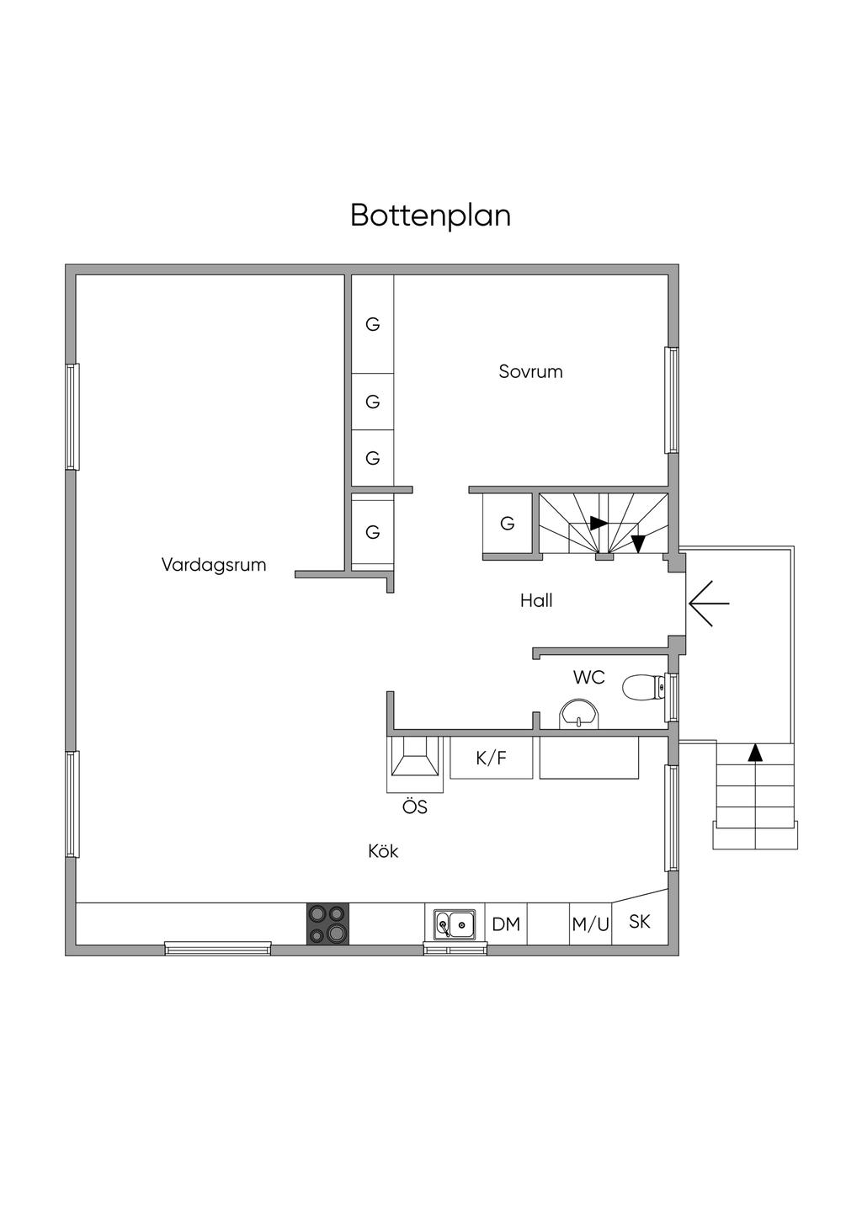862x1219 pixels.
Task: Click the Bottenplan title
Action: click(x=430, y=216)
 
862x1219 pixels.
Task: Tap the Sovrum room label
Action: click(x=530, y=371)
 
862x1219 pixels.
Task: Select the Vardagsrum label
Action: click(x=214, y=565)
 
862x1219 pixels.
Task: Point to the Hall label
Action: click(x=536, y=600)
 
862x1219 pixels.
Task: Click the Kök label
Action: click(x=383, y=851)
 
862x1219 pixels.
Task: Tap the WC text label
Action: click(x=588, y=677)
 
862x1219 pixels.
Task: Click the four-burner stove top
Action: click(x=327, y=924)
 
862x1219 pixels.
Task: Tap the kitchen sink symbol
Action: click(x=455, y=924)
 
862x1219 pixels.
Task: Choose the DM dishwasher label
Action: click(x=506, y=924)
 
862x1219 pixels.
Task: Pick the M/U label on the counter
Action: click(x=590, y=924)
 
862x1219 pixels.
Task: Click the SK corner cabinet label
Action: click(x=640, y=921)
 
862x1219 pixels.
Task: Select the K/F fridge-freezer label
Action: click(x=492, y=758)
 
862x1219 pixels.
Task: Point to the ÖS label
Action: click(x=414, y=807)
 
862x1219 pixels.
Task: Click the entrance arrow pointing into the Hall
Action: click(x=708, y=604)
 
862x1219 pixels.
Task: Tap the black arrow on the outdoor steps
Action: click(x=756, y=753)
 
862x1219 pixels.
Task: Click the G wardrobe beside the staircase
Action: click(x=507, y=524)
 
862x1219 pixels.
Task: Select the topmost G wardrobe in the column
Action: click(x=372, y=324)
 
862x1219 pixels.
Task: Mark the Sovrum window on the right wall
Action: click(x=671, y=401)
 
